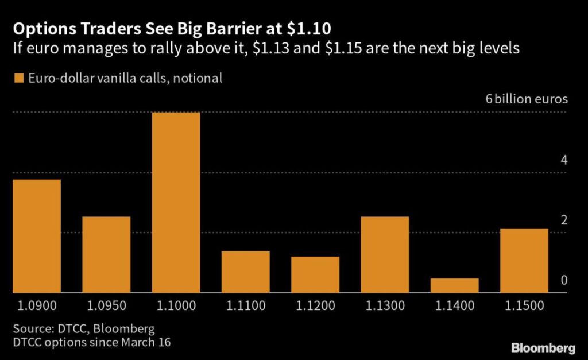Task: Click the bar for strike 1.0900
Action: [x=37, y=236]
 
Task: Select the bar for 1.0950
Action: [x=106, y=254]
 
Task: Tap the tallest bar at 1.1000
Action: [x=176, y=202]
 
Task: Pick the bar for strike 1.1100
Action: [x=245, y=272]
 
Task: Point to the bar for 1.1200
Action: [x=315, y=274]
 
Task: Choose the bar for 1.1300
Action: [x=385, y=254]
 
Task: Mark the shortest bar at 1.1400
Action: [x=454, y=285]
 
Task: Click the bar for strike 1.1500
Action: [x=524, y=261]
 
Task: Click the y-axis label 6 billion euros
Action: [x=527, y=99]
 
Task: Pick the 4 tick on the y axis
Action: [x=564, y=160]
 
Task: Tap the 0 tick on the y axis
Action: [x=564, y=280]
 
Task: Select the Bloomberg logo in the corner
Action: [x=543, y=348]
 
